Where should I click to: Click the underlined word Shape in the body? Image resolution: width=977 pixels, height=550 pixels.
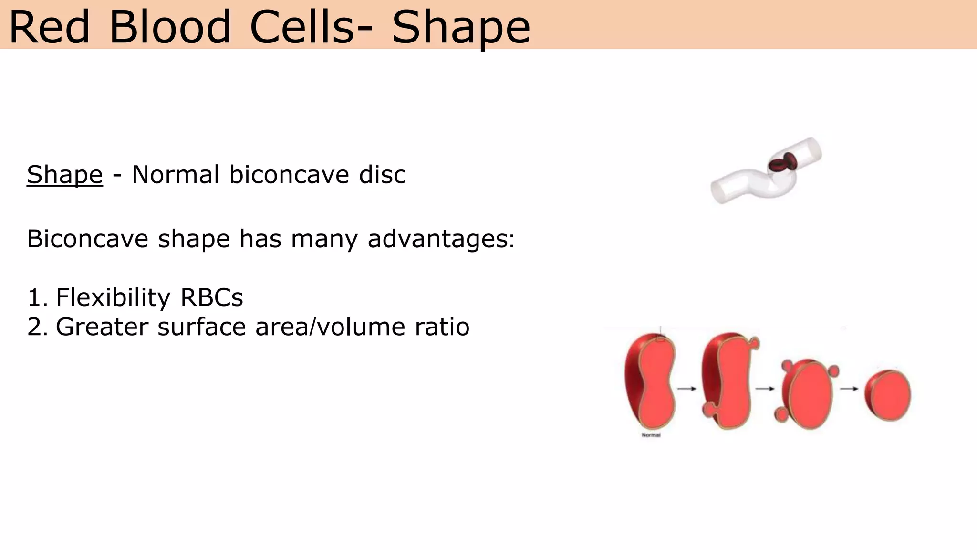(65, 175)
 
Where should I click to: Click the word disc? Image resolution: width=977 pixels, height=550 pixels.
(382, 175)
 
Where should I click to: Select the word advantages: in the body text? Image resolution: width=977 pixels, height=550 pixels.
(441, 239)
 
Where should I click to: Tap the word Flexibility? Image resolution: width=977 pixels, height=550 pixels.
(113, 297)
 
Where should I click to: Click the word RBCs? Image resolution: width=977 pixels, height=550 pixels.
(212, 297)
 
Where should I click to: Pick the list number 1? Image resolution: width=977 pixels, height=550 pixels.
(36, 297)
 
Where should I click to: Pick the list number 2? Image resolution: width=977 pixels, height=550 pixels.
(36, 327)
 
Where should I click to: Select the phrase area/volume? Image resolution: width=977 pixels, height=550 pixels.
(330, 327)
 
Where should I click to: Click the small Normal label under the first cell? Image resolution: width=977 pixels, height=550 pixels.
(651, 435)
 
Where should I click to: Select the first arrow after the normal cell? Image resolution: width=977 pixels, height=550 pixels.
(687, 389)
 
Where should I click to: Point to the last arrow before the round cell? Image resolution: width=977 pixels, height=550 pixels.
(849, 389)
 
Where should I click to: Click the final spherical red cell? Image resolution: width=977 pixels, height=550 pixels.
(888, 395)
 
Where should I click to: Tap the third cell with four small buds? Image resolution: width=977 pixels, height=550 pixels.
(807, 394)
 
